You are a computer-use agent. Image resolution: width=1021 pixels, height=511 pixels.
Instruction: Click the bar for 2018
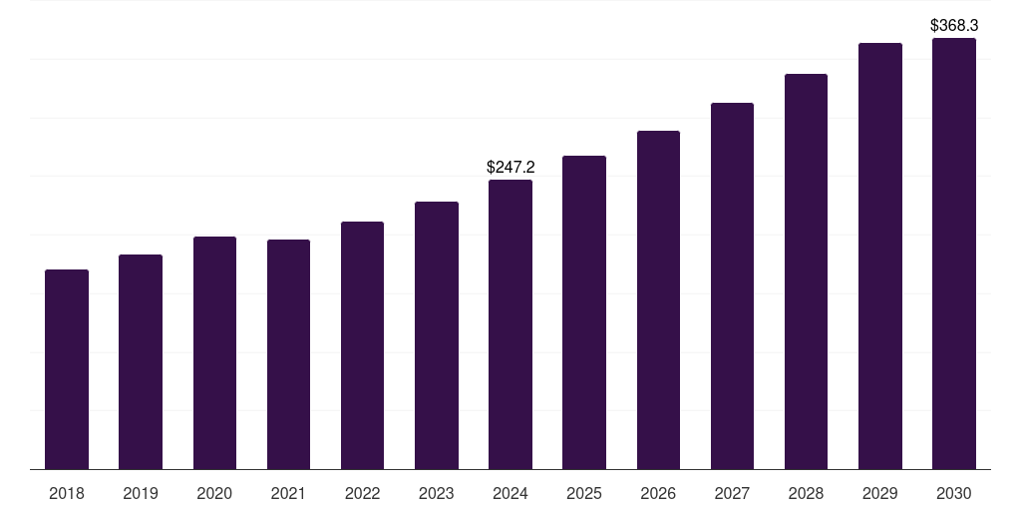[67, 369]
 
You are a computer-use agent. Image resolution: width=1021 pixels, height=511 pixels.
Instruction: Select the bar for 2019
[141, 361]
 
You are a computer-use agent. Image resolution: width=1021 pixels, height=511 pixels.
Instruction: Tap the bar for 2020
[214, 352]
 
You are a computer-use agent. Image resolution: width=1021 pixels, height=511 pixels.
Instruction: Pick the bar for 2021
[288, 354]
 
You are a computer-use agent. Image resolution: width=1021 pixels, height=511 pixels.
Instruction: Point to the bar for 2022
[362, 345]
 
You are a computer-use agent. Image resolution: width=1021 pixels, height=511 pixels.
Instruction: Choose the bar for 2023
[437, 335]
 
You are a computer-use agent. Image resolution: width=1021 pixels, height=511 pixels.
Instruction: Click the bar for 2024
[510, 324]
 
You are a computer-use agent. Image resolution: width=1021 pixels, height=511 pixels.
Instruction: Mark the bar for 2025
[584, 312]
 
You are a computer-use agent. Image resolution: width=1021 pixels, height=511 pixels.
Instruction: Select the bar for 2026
[658, 299]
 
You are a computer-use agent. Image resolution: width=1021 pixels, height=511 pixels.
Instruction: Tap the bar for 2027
[732, 285]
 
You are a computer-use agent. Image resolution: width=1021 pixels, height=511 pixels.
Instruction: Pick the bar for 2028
[806, 271]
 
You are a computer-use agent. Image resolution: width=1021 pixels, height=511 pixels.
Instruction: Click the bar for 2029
[880, 255]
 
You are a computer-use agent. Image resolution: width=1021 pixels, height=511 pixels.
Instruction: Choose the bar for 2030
[954, 254]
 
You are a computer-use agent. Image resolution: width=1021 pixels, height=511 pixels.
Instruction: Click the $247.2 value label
[510, 167]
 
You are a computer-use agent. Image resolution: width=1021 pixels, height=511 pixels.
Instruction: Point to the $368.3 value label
[954, 25]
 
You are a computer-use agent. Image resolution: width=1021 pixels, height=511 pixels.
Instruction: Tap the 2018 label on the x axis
[67, 493]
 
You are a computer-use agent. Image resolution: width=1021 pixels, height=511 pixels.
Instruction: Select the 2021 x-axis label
[288, 493]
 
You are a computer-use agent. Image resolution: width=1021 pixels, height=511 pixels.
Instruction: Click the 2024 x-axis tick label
[510, 493]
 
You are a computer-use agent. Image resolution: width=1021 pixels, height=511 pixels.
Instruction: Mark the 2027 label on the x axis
[732, 493]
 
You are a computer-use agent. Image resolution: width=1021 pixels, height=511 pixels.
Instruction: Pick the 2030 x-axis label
[954, 493]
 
